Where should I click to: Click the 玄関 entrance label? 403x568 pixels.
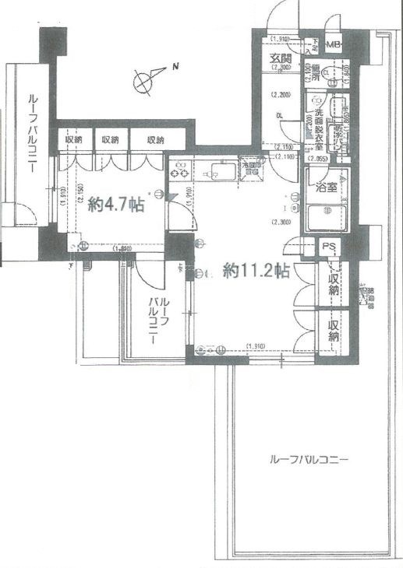point(281,60)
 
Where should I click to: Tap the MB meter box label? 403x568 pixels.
point(333,45)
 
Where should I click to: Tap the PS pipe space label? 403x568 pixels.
point(331,248)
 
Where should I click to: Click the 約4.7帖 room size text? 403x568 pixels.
point(115,205)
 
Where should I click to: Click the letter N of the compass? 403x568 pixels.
point(177,67)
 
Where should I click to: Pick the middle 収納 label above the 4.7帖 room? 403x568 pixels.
point(110,140)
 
